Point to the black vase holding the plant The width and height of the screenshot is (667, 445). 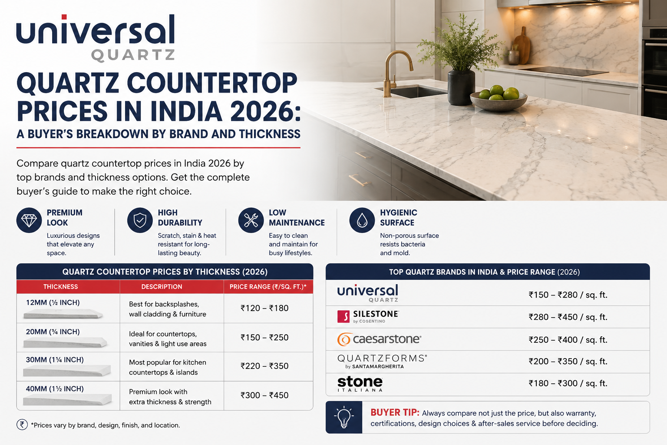pos(461,87)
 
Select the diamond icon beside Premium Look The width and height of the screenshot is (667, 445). pos(29,220)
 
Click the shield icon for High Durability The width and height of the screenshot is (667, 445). pos(140,220)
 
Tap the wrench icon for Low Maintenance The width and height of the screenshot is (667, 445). pos(251,220)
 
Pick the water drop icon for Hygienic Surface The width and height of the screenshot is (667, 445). pos(362,220)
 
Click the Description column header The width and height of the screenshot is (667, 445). pos(162,287)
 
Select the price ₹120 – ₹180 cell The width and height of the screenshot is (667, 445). pos(264,308)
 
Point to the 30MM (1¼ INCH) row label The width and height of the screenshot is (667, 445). pos(55,360)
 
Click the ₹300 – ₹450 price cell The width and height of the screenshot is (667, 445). pos(264,395)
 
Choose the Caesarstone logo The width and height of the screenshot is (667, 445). pos(379,339)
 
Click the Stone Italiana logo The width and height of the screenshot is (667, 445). pos(360,384)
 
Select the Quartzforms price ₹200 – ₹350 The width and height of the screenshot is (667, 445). pos(568,361)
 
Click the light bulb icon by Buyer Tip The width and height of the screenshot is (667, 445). pos(344,417)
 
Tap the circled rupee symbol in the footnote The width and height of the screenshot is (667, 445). pos(22,425)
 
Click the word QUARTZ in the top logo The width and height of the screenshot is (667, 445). pos(133,55)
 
